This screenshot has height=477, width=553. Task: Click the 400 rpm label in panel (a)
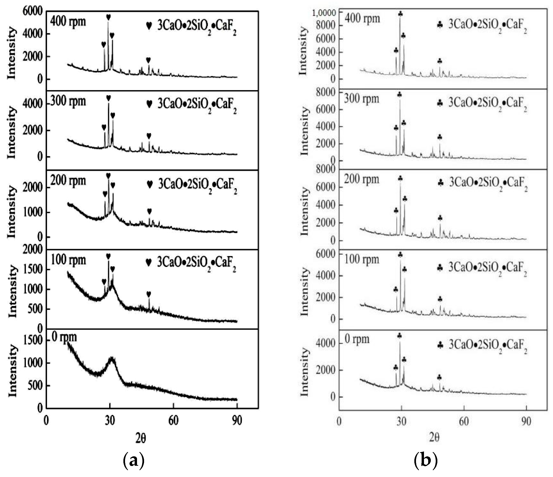68,21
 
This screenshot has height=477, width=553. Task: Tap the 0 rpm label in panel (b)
357,339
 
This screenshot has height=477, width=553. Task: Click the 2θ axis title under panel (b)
434,437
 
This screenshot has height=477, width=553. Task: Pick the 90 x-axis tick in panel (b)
526,421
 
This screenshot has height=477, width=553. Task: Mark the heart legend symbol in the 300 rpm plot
149,104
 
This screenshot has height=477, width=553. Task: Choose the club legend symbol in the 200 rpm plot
441,183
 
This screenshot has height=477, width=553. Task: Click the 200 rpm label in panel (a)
68,181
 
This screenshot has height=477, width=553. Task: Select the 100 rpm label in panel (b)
362,259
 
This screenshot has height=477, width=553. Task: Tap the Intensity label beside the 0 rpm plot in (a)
12,371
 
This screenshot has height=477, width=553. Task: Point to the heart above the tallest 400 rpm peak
108,17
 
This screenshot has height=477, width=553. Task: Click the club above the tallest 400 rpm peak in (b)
400,14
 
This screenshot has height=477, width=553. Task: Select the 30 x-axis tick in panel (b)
401,421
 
